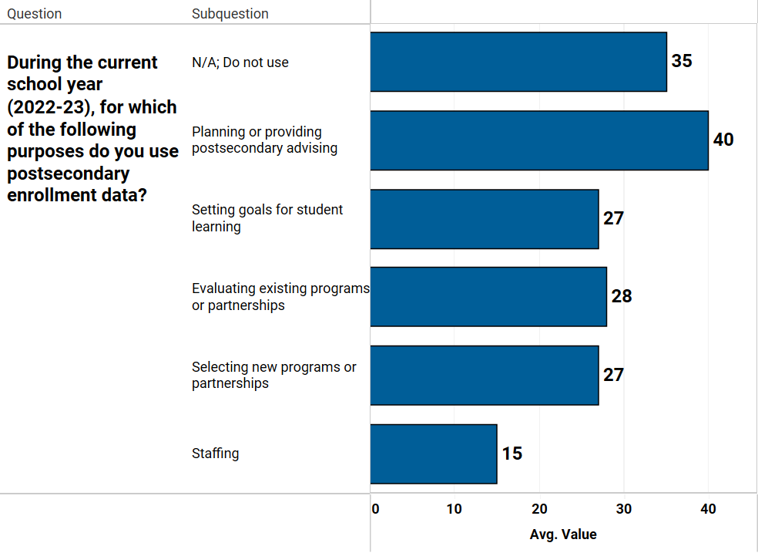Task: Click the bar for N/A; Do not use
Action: (518, 62)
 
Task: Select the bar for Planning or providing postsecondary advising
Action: (539, 140)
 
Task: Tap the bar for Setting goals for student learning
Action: (485, 219)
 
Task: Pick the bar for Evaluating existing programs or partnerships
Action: (488, 297)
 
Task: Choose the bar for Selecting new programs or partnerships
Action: (485, 376)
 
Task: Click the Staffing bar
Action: (434, 454)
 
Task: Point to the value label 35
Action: (682, 61)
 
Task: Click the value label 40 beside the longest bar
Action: (723, 140)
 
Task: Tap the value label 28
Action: (621, 296)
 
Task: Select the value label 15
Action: (512, 454)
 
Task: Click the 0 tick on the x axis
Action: (375, 509)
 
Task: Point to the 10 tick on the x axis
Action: (454, 509)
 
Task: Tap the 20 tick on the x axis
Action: (539, 509)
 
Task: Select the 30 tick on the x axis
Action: (624, 509)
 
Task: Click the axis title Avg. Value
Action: (563, 534)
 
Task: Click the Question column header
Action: (35, 14)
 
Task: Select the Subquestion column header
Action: (230, 14)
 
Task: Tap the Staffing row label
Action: (216, 454)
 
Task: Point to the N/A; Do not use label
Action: (240, 62)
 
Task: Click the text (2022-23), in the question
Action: (51, 107)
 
